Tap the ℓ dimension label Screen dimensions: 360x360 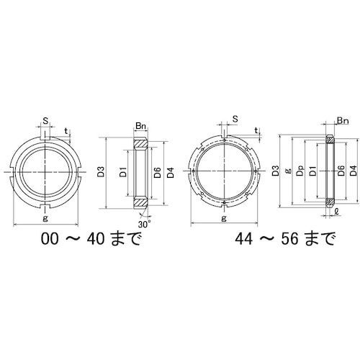click(x=338, y=211)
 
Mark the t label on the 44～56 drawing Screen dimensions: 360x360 click(x=257, y=131)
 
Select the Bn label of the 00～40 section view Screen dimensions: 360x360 click(x=141, y=127)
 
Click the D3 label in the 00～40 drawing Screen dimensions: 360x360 click(x=101, y=172)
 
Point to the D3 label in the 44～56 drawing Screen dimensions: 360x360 click(x=276, y=171)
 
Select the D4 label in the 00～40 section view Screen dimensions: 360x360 click(x=171, y=172)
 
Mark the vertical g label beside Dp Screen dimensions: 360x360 click(x=287, y=171)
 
